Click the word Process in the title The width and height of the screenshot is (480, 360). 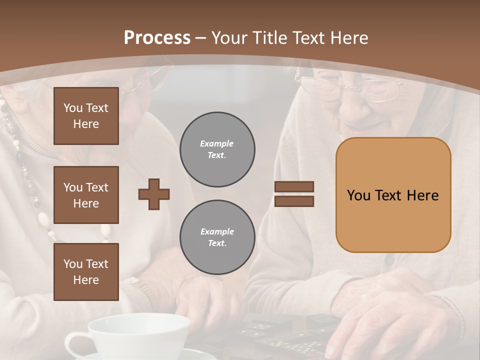(x=157, y=38)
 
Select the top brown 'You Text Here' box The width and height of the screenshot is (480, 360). (x=86, y=116)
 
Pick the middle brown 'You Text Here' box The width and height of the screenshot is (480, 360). (x=86, y=195)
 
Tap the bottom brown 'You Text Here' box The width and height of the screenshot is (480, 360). (x=86, y=272)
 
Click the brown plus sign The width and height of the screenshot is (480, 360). (x=154, y=194)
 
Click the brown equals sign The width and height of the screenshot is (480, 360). (x=294, y=194)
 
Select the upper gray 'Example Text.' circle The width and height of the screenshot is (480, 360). (x=217, y=149)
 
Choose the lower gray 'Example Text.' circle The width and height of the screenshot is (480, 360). (x=217, y=237)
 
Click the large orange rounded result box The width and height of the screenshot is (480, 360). (x=393, y=195)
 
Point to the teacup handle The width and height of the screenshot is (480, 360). (x=75, y=345)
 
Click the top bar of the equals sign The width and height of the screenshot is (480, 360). (x=294, y=186)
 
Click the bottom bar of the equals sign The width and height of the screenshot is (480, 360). (x=294, y=201)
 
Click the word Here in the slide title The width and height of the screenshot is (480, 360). (x=348, y=38)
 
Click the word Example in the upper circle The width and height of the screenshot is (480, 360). (x=217, y=144)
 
